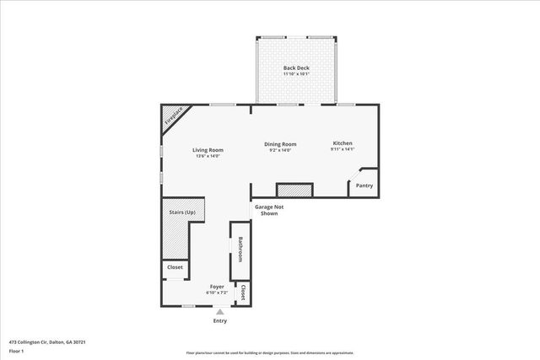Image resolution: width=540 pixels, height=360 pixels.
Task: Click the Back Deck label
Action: tap(295, 67)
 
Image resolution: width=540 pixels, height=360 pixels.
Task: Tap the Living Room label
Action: tap(207, 150)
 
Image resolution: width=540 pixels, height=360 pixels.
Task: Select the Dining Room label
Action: tap(281, 144)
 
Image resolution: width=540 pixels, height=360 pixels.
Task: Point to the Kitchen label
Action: tap(342, 143)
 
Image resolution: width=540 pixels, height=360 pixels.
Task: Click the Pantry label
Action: tap(364, 185)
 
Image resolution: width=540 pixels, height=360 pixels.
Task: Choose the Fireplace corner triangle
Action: tap(172, 117)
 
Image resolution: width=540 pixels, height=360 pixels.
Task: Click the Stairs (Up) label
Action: tap(181, 212)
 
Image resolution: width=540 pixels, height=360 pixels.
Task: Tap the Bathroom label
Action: tap(240, 250)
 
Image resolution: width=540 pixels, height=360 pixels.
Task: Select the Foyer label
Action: tap(217, 287)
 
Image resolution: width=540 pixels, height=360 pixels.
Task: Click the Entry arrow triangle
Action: tap(220, 312)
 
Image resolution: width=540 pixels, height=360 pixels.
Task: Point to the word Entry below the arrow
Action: tap(220, 321)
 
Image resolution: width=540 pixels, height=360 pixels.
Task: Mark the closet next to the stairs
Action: tap(175, 267)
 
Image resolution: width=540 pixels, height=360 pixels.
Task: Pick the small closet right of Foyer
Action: tap(243, 293)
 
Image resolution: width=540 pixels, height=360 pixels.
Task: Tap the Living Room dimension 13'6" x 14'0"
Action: tap(207, 156)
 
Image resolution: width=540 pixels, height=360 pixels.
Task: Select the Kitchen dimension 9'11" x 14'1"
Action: tap(342, 150)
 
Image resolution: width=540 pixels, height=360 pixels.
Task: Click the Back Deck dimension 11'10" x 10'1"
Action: tap(295, 73)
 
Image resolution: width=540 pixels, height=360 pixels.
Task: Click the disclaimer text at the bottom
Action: tap(269, 353)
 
